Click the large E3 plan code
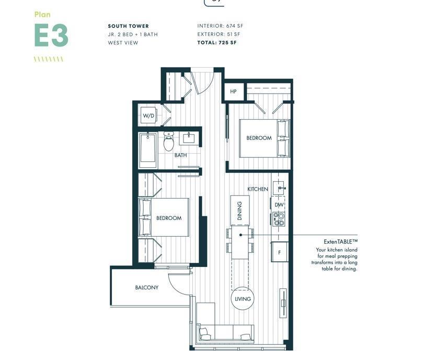click(51, 36)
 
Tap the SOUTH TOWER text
click(128, 26)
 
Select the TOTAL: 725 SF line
click(216, 42)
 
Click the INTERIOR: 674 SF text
click(220, 26)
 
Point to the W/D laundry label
click(148, 115)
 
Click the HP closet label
click(233, 91)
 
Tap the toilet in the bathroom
click(169, 141)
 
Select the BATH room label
click(180, 155)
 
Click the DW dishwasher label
click(279, 205)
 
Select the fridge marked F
click(279, 252)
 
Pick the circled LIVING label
click(243, 299)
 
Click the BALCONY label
click(146, 287)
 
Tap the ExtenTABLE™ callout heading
click(337, 241)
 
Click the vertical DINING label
click(239, 211)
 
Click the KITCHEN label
click(258, 189)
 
